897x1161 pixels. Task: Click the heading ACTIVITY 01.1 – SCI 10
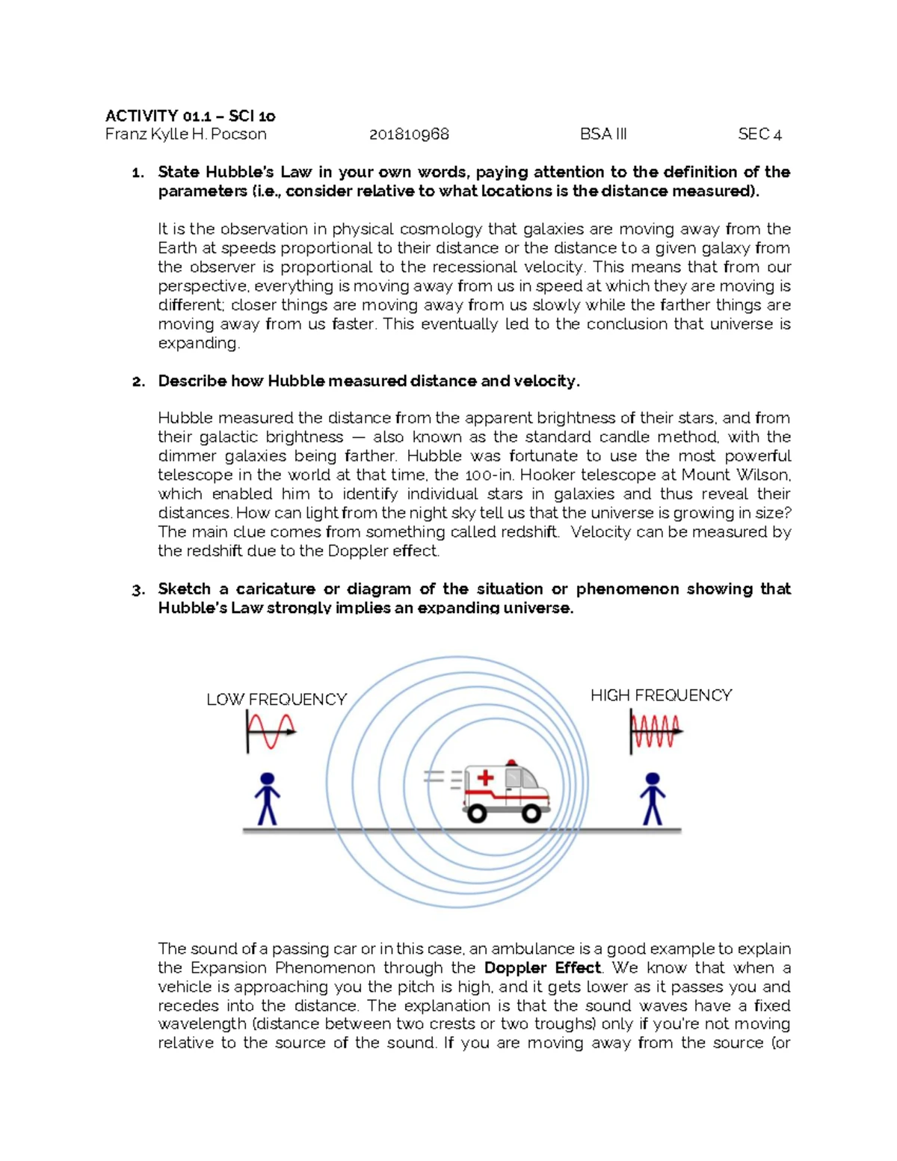(x=190, y=116)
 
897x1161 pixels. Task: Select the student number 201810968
(x=409, y=135)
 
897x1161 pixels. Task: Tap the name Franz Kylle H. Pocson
(x=185, y=135)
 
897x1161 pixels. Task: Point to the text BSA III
(x=603, y=135)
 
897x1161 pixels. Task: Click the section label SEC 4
(x=759, y=135)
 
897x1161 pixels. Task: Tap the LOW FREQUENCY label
(x=277, y=700)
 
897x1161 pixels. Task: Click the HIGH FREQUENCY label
(x=661, y=695)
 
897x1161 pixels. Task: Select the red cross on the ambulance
(x=485, y=778)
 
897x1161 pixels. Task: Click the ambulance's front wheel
(x=531, y=813)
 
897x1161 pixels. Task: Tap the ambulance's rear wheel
(x=476, y=813)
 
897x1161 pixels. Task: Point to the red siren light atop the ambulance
(x=511, y=763)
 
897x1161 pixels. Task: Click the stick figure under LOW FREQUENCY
(x=267, y=799)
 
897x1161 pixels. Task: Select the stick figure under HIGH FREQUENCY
(x=653, y=799)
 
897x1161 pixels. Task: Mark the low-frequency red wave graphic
(x=271, y=730)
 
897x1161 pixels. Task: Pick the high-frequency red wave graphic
(x=656, y=730)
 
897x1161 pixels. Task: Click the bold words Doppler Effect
(x=542, y=968)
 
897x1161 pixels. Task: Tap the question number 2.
(x=138, y=382)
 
